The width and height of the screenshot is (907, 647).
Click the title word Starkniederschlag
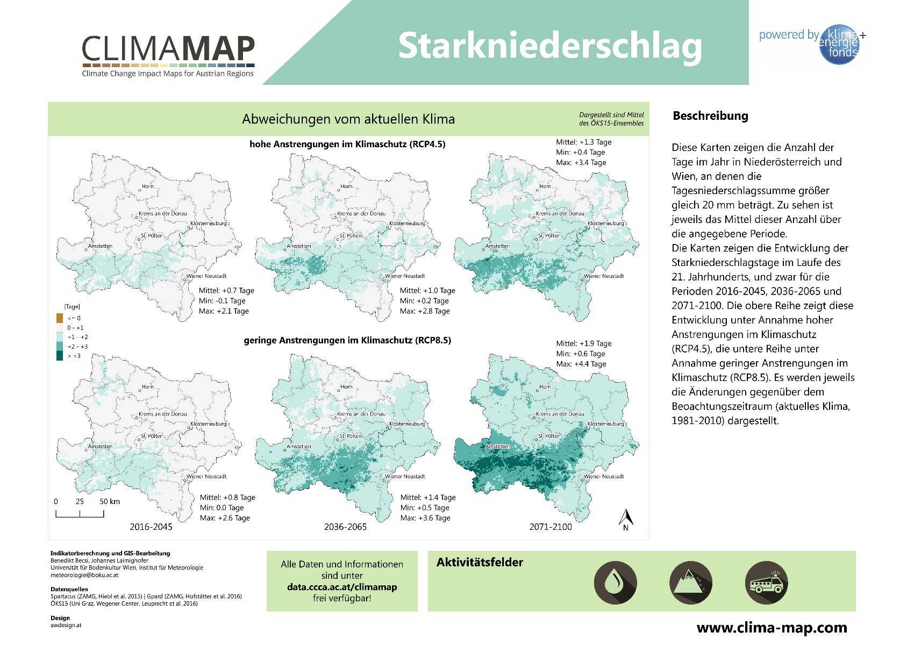click(x=549, y=46)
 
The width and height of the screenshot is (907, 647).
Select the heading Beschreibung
click(x=710, y=116)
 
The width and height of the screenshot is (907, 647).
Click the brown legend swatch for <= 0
click(x=60, y=318)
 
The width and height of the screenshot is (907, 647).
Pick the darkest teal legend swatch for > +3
click(x=60, y=356)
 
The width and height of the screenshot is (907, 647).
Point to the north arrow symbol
click(x=626, y=519)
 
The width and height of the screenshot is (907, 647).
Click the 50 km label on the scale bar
click(x=110, y=501)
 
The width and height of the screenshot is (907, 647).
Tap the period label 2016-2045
click(x=151, y=527)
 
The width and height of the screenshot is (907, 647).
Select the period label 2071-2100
click(x=551, y=527)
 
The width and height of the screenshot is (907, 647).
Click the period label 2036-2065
click(x=345, y=527)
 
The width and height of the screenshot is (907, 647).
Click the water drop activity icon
click(x=615, y=583)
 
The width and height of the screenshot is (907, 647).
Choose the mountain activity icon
click(x=690, y=583)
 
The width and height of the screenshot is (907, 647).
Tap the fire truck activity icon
click(x=766, y=583)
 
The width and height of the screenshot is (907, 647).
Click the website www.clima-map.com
click(x=772, y=628)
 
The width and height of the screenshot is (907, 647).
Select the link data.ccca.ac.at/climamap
click(x=342, y=587)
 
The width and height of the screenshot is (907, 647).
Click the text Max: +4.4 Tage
click(x=581, y=364)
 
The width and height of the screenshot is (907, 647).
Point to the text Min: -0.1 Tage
click(x=222, y=301)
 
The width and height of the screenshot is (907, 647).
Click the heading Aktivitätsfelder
click(x=480, y=563)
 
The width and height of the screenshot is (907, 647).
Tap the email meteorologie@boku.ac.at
click(x=84, y=575)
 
